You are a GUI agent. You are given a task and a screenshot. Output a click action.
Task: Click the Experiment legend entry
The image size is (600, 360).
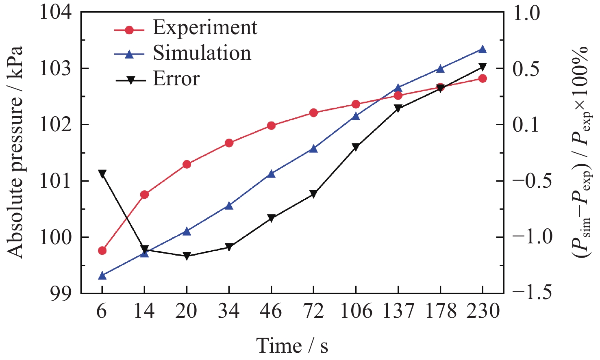click(205, 28)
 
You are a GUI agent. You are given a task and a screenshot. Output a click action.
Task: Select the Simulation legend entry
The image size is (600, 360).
click(202, 54)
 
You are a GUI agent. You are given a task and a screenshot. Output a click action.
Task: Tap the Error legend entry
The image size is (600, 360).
click(176, 79)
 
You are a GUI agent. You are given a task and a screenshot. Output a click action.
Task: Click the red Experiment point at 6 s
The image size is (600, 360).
click(102, 251)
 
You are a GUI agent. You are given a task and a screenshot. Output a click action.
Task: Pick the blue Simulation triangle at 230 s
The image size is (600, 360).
click(483, 50)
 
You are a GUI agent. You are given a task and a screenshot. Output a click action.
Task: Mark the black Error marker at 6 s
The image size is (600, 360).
click(102, 173)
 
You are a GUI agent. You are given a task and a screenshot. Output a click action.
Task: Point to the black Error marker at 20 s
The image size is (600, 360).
click(187, 256)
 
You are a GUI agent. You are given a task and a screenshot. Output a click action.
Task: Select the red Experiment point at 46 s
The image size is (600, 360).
click(271, 126)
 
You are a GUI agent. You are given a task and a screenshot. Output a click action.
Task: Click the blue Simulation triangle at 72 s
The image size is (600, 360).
click(313, 149)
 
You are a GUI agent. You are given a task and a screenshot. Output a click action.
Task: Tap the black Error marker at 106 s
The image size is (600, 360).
click(356, 147)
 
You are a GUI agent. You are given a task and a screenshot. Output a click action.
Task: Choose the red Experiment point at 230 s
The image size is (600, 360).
click(483, 78)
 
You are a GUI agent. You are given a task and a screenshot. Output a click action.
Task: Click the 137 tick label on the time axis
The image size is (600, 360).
click(398, 311)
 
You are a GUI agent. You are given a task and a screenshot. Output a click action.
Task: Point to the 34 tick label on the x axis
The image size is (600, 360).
click(229, 311)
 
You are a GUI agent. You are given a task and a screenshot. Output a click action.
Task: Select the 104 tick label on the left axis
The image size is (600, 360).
click(56, 13)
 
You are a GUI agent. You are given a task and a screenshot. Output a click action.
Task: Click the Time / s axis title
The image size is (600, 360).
click(292, 346)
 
